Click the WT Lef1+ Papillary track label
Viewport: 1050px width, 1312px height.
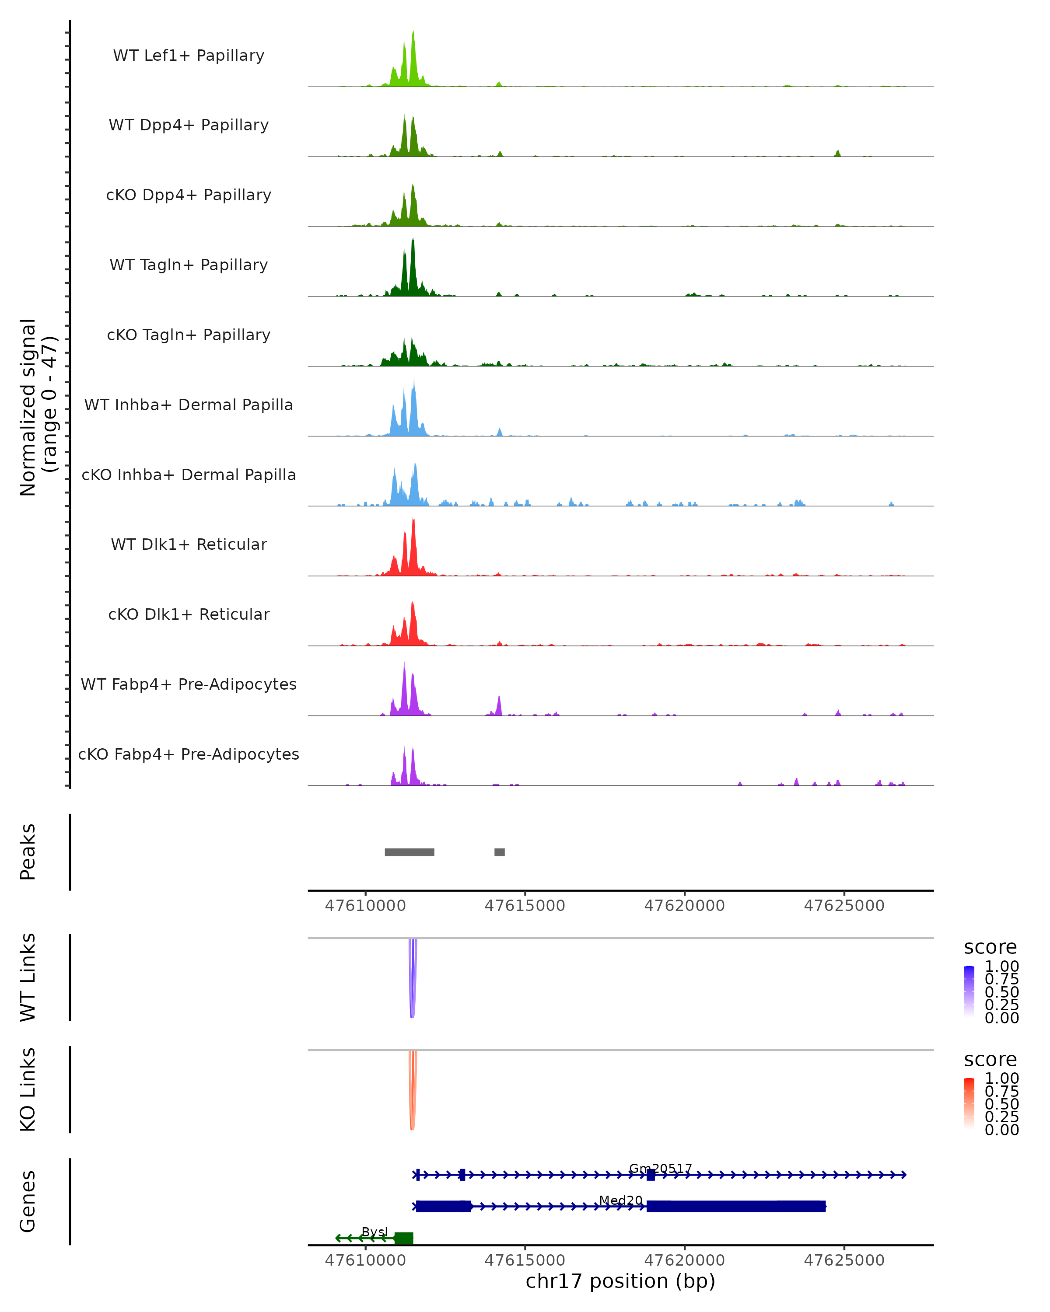tap(189, 56)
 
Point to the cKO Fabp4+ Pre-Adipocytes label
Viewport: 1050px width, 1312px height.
tap(189, 754)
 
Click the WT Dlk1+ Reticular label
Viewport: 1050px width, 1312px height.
tap(189, 544)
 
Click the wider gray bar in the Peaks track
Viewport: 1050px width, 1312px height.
tap(409, 852)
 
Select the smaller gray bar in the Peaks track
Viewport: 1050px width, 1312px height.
tap(499, 852)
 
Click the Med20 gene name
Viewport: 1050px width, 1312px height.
tap(620, 1200)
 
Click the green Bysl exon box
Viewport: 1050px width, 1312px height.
tap(403, 1238)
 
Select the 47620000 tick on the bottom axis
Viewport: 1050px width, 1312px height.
tap(684, 1260)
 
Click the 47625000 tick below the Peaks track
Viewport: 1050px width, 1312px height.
tap(843, 906)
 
